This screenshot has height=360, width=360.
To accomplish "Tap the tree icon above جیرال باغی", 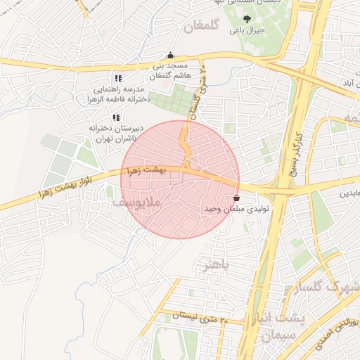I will point(246,19).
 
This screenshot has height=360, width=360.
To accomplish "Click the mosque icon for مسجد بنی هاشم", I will point(171,55).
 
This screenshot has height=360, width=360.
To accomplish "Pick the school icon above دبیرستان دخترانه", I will point(116,117).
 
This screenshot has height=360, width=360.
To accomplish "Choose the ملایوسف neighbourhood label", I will point(137,202).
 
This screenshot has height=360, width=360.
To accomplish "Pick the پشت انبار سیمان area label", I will point(280,327).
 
